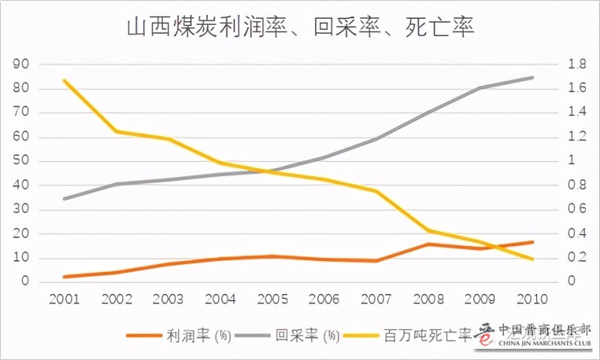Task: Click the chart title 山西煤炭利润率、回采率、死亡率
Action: (300, 28)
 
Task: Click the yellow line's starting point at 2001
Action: (65, 80)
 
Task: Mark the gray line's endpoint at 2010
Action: (533, 77)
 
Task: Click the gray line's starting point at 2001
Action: (65, 199)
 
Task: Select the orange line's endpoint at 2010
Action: (533, 242)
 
